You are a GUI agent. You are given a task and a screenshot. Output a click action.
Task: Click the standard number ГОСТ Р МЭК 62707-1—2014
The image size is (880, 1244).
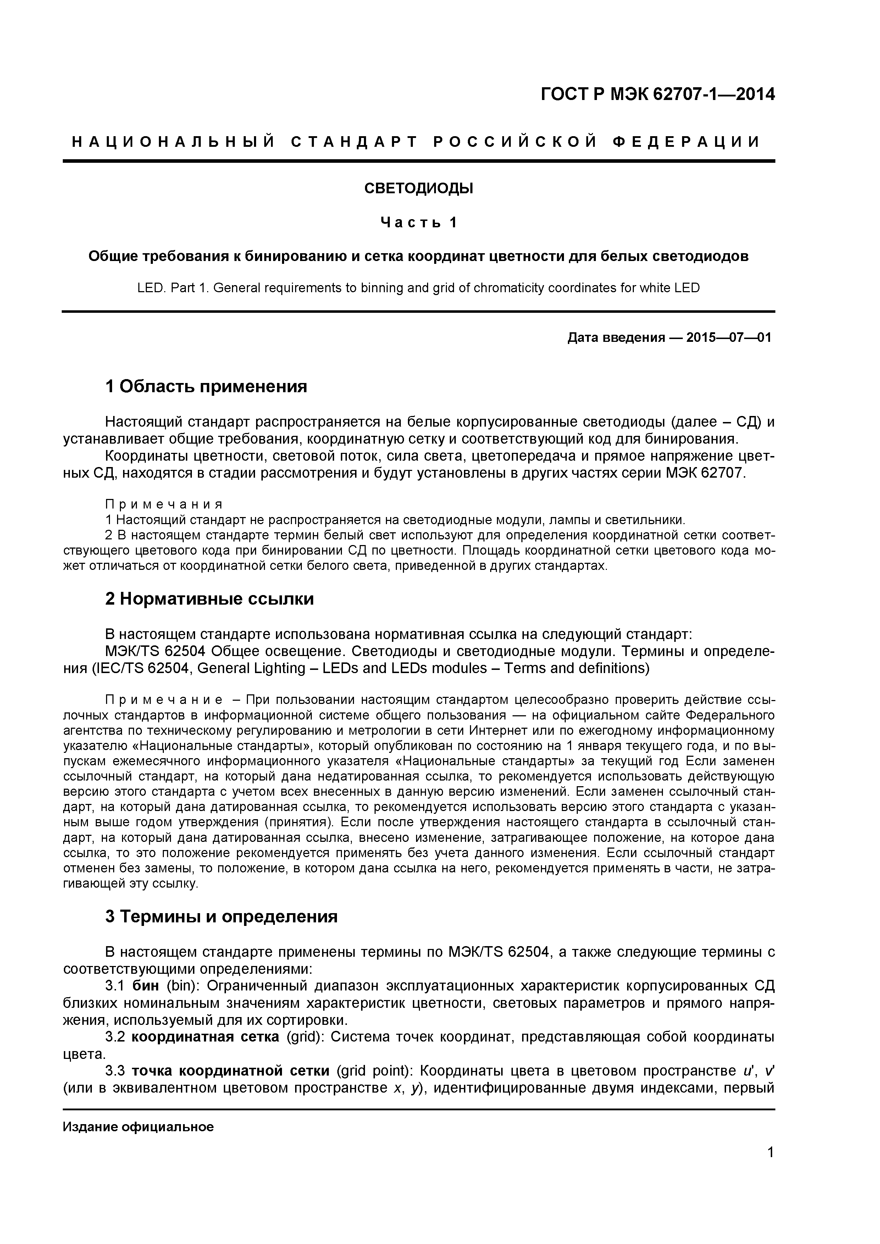(657, 95)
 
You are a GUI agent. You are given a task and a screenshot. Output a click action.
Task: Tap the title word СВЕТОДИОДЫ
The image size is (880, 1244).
(418, 189)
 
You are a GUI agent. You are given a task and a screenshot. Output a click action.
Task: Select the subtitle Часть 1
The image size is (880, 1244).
(418, 222)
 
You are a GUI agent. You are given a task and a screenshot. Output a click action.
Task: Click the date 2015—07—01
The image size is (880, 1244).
(728, 338)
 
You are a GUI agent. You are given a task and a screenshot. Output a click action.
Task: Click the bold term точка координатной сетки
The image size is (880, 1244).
(230, 1071)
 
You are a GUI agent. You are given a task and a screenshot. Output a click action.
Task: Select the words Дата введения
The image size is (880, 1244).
(615, 338)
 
